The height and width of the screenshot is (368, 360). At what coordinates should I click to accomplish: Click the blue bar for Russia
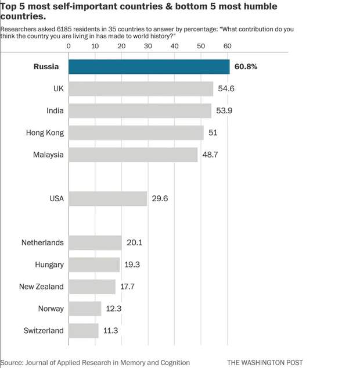click(149, 66)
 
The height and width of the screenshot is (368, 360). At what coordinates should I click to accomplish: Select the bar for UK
click(141, 88)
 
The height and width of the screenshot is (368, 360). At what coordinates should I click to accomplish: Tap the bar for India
click(140, 110)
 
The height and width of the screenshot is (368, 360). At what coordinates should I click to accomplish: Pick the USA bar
click(108, 198)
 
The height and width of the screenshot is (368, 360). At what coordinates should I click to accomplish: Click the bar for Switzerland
click(84, 330)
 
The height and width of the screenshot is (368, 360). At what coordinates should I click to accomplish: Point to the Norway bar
click(85, 308)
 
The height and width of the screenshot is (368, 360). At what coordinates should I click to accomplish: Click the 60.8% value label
click(246, 66)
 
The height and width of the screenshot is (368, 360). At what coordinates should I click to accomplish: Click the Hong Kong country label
click(45, 133)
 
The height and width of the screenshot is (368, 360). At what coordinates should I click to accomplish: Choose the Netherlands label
click(42, 242)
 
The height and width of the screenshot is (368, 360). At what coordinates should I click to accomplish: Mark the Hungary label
click(49, 265)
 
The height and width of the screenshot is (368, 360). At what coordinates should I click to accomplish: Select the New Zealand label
click(41, 287)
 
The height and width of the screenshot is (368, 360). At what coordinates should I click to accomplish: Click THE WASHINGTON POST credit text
click(265, 362)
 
